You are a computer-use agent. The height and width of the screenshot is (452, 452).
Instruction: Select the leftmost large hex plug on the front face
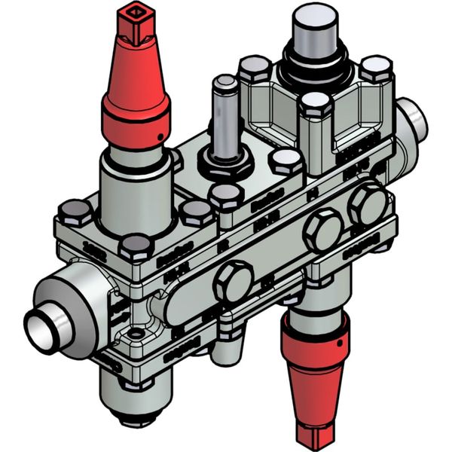click(232, 282)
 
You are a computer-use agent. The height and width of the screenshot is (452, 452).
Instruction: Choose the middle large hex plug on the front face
click(322, 230)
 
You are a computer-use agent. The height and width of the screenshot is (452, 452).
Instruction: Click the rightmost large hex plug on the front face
click(368, 203)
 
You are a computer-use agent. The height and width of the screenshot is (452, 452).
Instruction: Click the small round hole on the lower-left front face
click(135, 332)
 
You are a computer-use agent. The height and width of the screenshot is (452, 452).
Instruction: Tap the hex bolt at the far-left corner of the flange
click(74, 213)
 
